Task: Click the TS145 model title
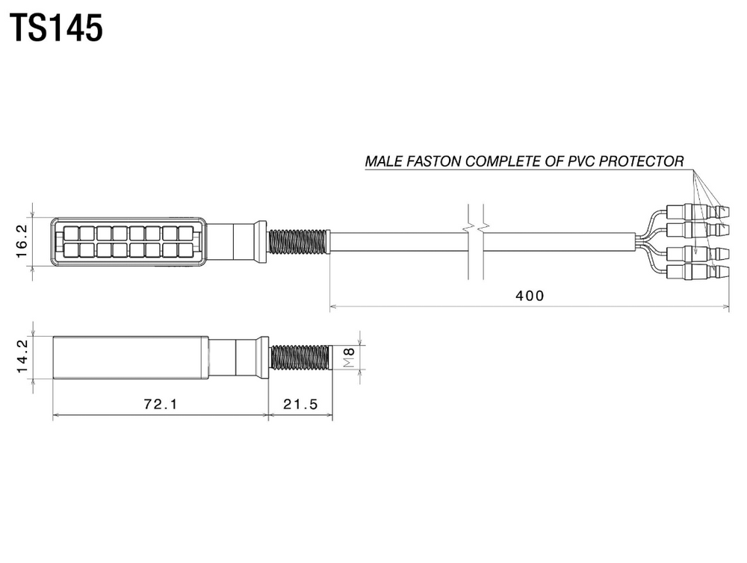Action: click(x=56, y=28)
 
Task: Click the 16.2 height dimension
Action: click(x=22, y=241)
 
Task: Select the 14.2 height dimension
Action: click(x=22, y=356)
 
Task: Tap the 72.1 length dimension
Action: click(x=161, y=405)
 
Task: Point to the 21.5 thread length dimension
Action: click(x=300, y=405)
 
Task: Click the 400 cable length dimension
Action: click(x=530, y=296)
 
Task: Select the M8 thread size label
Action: click(x=349, y=357)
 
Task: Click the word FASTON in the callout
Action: click(x=436, y=161)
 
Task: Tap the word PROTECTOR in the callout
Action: click(x=641, y=161)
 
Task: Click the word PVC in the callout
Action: click(x=581, y=161)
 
